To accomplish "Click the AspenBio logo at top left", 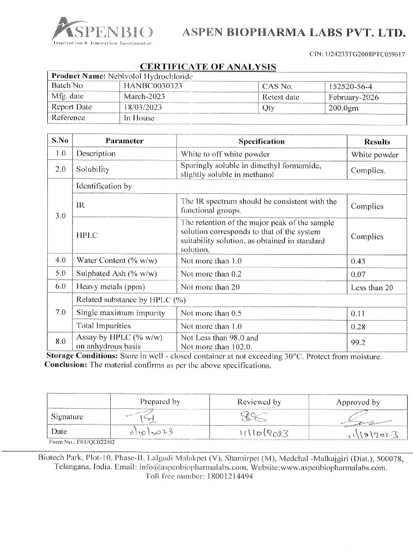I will click(102, 31).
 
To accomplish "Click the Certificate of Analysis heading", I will click(208, 67).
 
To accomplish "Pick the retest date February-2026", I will click(354, 97).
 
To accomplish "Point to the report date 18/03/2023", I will click(143, 108).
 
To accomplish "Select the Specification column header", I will click(261, 142).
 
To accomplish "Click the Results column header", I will click(377, 142).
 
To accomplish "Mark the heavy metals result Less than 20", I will click(372, 288).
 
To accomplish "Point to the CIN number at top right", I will click(358, 54).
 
